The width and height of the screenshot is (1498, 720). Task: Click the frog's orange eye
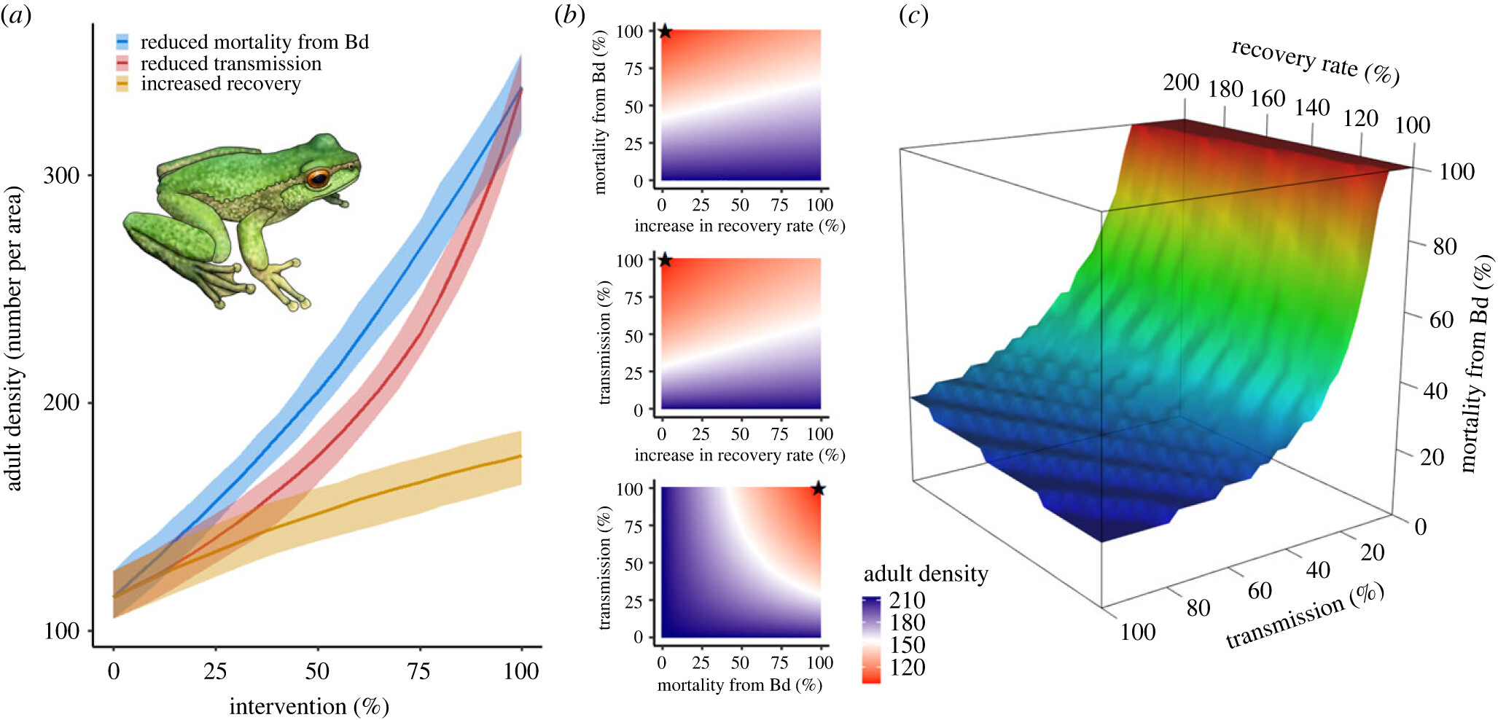(318, 178)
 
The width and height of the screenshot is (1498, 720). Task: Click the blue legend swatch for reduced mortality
(122, 42)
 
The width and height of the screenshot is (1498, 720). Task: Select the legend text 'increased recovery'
(220, 84)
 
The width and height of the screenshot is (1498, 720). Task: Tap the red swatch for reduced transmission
(122, 63)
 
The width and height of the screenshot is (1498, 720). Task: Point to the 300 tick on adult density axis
(61, 176)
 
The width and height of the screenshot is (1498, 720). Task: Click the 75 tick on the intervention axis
(418, 671)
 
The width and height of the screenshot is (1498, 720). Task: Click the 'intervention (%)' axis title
(309, 706)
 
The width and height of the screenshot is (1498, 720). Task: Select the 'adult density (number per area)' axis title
(15, 339)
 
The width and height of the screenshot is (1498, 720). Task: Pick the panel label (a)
(15, 15)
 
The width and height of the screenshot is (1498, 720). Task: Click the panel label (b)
(569, 15)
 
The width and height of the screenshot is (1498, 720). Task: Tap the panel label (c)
(913, 15)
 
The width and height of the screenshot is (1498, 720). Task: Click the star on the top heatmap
(665, 31)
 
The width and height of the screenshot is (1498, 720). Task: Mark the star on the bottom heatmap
(818, 489)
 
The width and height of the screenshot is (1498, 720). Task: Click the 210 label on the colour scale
(907, 600)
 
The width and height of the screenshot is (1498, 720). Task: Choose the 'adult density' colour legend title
(926, 574)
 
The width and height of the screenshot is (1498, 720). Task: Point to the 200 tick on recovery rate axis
(1181, 82)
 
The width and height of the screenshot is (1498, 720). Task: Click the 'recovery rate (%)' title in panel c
(1315, 62)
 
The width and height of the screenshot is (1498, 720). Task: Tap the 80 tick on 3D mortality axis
(1444, 246)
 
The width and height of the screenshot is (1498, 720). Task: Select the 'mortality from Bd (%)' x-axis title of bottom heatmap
(739, 685)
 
